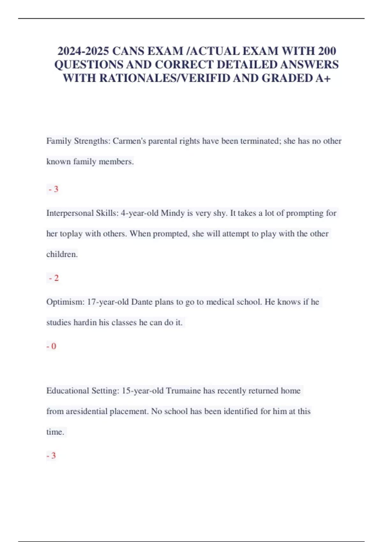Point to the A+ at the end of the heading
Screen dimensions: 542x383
coord(323,78)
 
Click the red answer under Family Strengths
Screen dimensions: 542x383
coord(54,189)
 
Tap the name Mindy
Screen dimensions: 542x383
coord(172,213)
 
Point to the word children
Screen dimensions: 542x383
coord(62,254)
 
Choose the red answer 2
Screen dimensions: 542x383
coord(54,278)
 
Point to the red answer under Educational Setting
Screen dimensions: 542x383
coord(51,456)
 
